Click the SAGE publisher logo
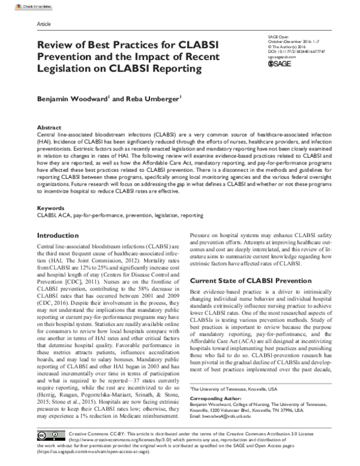click(x=279, y=63)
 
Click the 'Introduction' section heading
click(x=60, y=235)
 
